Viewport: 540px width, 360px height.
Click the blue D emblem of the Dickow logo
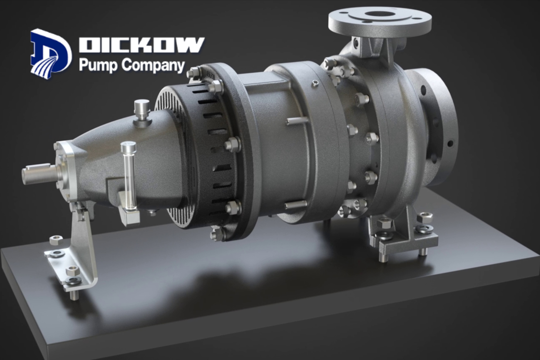pos(51,52)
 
